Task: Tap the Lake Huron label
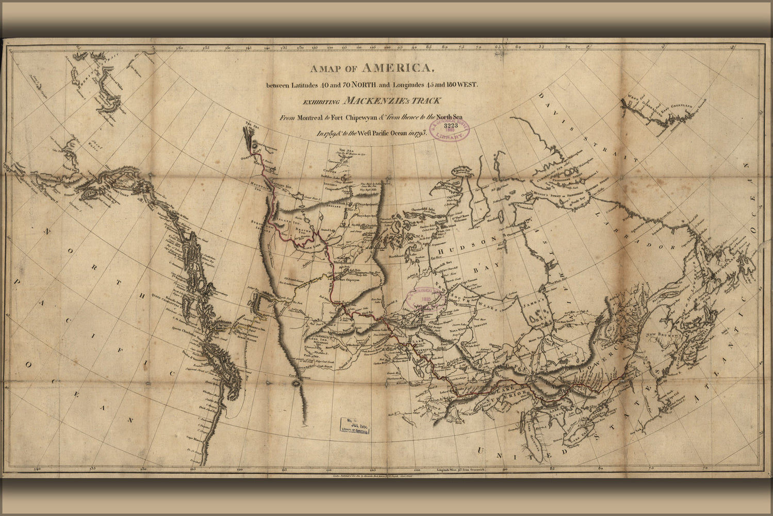pyautogui.click(x=555, y=411)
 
